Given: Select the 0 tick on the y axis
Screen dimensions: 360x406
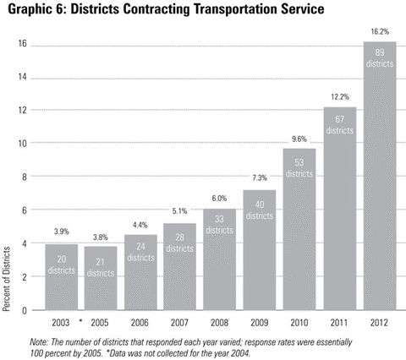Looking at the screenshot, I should tap(25, 310).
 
